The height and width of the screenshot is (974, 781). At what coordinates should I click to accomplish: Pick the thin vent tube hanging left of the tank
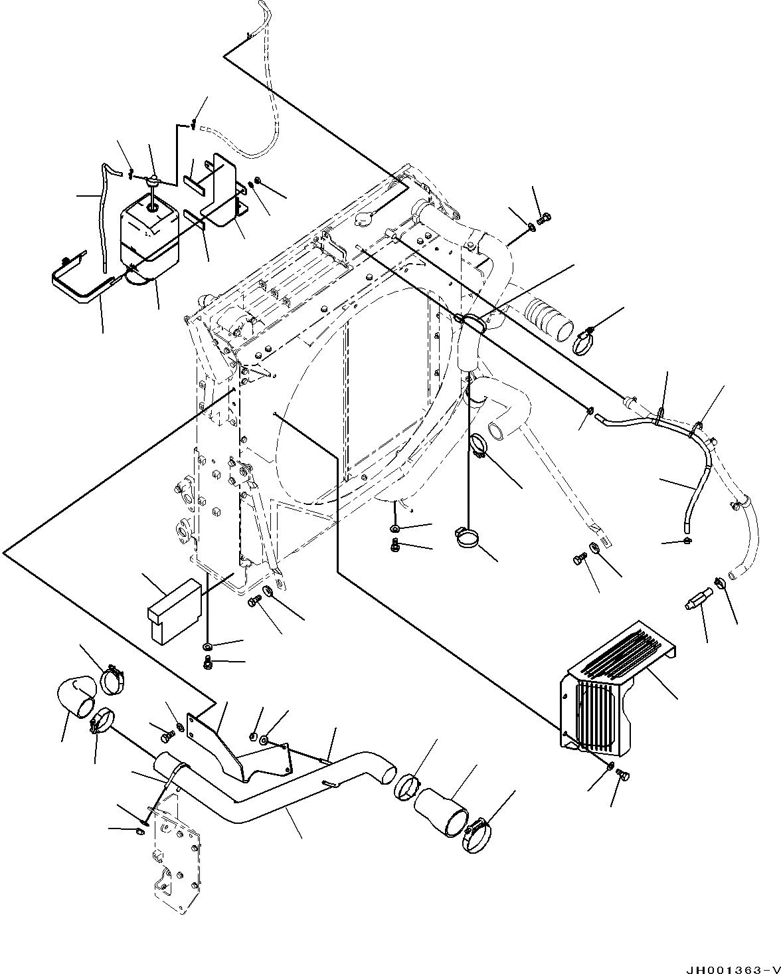point(104,219)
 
